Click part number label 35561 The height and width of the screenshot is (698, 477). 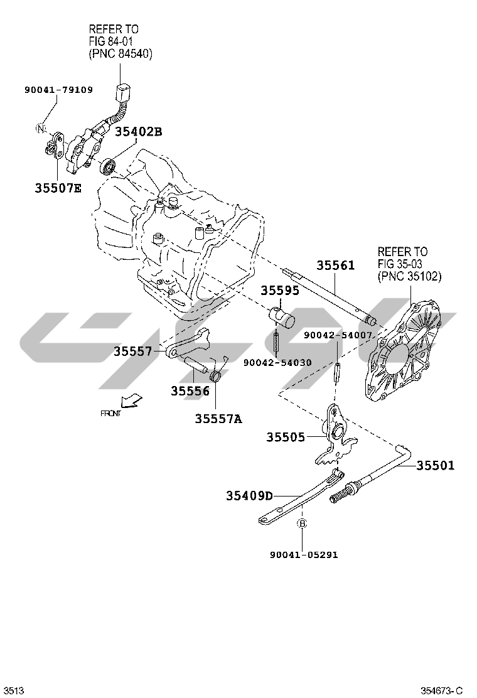335,266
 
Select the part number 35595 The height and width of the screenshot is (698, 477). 280,291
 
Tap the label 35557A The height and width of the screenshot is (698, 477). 218,418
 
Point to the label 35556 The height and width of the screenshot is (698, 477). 190,391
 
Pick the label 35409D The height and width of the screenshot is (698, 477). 249,496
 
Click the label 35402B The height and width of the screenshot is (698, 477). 138,131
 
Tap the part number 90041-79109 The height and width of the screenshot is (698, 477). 58,90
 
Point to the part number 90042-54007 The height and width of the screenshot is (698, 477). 338,336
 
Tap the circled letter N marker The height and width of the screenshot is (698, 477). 41,129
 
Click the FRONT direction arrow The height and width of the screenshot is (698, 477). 131,400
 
